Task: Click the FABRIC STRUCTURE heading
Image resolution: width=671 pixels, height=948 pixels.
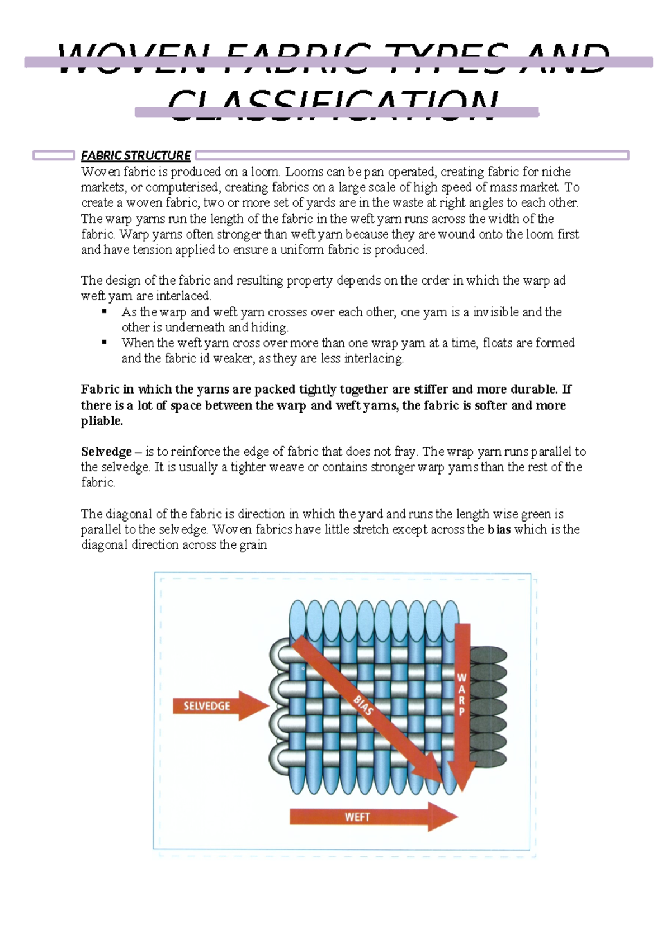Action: (x=135, y=155)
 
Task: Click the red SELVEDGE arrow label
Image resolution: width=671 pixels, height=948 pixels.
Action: (x=207, y=706)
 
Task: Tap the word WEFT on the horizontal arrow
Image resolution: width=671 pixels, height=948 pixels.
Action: (x=357, y=817)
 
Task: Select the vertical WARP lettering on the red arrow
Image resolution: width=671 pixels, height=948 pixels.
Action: (x=462, y=694)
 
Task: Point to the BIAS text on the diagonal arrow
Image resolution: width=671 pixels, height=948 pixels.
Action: (x=363, y=705)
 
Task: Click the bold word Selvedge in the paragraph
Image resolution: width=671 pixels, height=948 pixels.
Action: (x=106, y=452)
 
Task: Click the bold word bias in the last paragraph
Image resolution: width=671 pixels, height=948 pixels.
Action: (x=499, y=529)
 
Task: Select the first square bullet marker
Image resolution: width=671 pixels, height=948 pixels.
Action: (x=104, y=312)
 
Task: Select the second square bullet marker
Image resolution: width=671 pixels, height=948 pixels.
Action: (x=104, y=343)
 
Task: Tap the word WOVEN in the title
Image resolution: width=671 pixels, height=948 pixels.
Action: (x=134, y=59)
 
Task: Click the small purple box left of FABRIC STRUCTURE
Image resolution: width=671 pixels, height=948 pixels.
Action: (x=54, y=155)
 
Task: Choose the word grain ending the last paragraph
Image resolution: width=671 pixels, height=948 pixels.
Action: (x=253, y=545)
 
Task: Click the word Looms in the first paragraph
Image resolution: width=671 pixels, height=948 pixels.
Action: (x=304, y=172)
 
